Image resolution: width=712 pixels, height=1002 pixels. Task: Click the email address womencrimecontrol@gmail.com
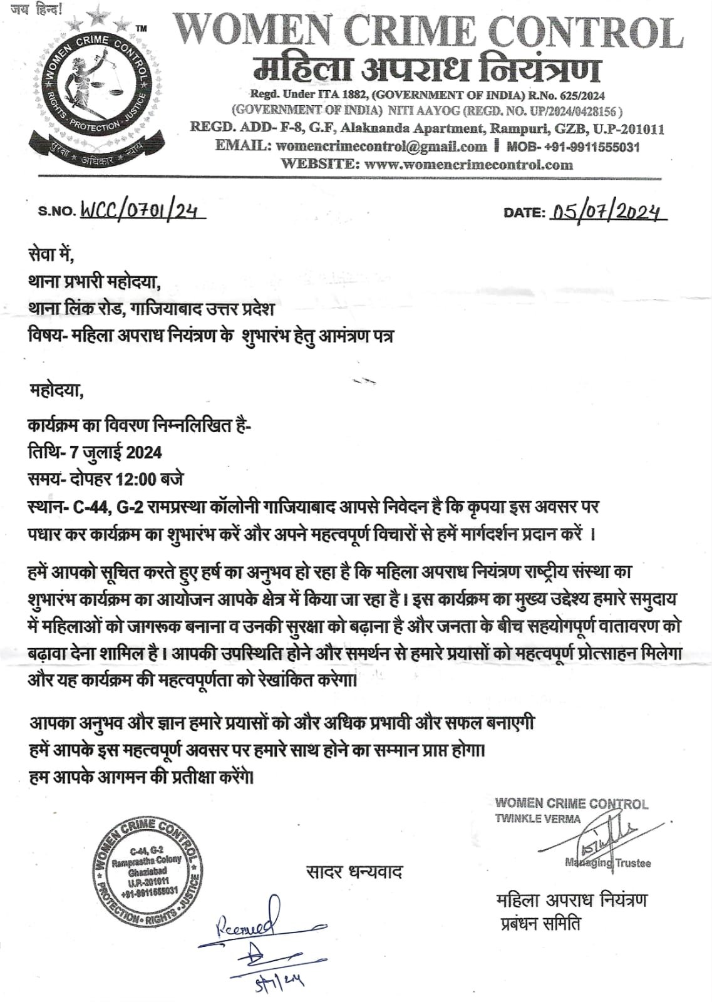381,147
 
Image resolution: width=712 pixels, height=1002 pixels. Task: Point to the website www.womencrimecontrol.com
468,165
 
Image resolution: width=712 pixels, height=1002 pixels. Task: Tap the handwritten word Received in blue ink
248,924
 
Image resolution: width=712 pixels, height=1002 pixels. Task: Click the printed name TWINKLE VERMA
537,819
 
